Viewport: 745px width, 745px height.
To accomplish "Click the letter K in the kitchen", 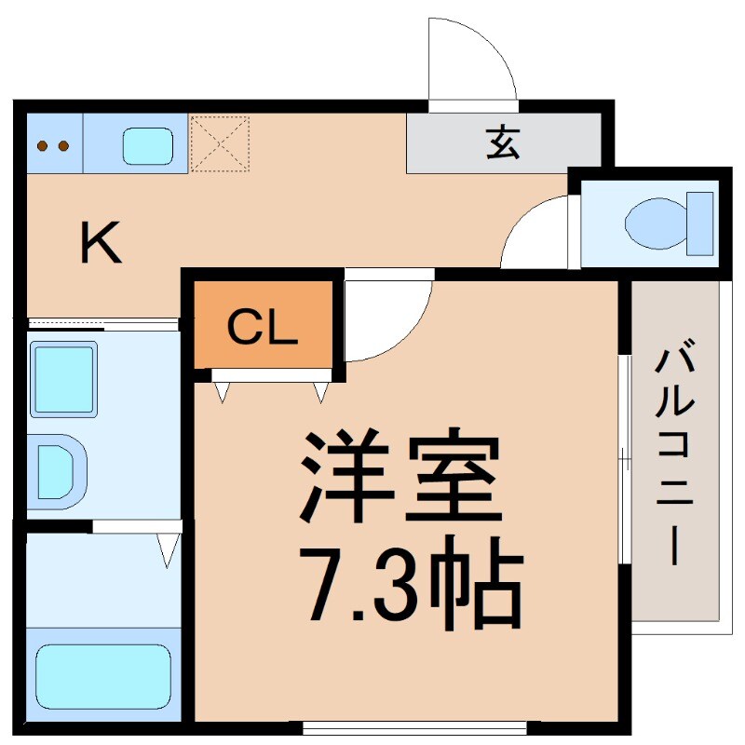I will (101, 244).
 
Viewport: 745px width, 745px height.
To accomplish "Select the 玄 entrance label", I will (503, 143).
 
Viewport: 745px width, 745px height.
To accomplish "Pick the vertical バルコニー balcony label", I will (676, 456).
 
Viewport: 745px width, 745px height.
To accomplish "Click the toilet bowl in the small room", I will (652, 223).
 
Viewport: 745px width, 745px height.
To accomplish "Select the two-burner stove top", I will (53, 145).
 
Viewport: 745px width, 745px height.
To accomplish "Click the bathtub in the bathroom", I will (102, 677).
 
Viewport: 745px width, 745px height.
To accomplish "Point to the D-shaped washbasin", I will (56, 472).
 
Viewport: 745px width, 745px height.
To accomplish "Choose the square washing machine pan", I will (63, 378).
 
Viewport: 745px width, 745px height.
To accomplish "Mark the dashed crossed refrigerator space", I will (220, 143).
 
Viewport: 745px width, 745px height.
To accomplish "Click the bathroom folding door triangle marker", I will (168, 550).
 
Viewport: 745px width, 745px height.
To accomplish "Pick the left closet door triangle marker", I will (222, 391).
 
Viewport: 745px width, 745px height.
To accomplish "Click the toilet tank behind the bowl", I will (700, 223).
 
